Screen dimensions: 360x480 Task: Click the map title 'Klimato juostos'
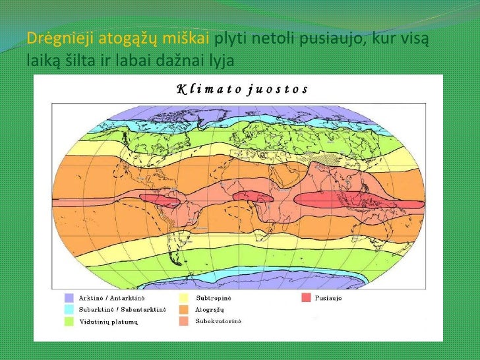241,89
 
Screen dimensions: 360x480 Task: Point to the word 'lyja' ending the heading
220,61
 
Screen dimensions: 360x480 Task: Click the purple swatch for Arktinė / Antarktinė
69,298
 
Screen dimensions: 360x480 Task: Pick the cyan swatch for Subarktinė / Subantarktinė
69,310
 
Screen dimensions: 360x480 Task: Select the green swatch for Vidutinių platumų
69,322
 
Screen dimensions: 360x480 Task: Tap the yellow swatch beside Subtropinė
183,298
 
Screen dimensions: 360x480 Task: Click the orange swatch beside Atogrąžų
183,310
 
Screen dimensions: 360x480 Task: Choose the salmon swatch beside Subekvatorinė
183,322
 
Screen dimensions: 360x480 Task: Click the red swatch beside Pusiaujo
306,298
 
